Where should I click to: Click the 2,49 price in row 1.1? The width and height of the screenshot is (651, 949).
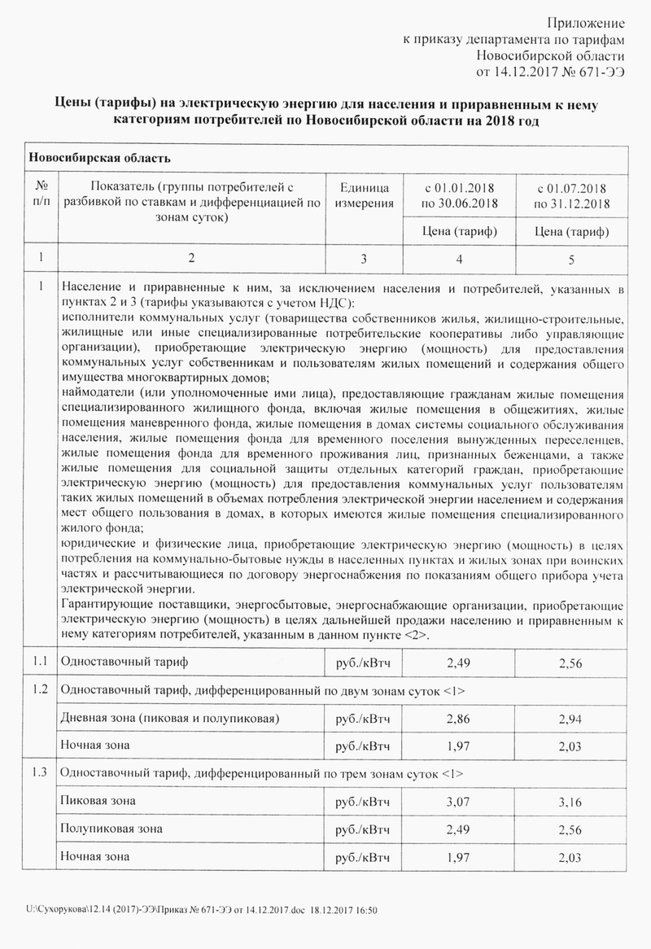click(460, 664)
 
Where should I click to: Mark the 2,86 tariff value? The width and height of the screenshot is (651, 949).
click(460, 719)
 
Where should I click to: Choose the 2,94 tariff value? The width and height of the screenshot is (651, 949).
click(572, 719)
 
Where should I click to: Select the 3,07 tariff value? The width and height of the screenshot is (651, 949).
click(460, 802)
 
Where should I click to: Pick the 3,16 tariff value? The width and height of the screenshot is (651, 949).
click(572, 802)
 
